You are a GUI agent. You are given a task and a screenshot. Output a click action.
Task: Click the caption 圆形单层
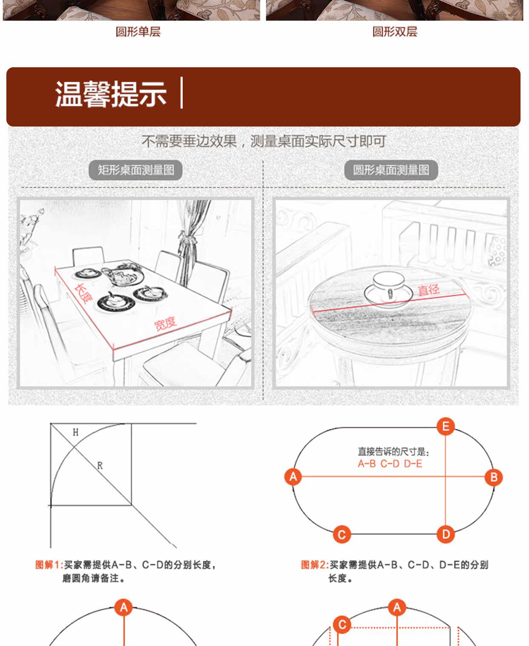tap(138, 32)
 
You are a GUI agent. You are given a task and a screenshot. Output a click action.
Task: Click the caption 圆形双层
tap(395, 32)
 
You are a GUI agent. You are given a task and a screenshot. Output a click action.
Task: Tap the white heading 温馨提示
tap(111, 94)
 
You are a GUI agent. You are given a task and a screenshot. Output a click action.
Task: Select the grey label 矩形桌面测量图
tap(135, 170)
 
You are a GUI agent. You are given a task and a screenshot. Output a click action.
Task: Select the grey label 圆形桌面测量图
tap(391, 170)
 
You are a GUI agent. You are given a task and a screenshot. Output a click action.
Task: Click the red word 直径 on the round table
tap(428, 290)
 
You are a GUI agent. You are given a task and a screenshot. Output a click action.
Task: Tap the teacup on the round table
tap(388, 286)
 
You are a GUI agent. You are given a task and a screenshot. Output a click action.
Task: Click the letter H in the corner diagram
tap(75, 433)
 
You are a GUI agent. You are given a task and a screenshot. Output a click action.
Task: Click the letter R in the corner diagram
tap(100, 466)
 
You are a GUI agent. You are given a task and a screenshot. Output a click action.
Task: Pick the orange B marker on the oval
tap(494, 477)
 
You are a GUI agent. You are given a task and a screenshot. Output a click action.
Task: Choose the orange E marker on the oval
tap(446, 427)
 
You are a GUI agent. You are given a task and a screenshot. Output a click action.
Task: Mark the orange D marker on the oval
tap(446, 534)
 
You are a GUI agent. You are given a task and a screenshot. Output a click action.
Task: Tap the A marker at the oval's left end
tap(293, 476)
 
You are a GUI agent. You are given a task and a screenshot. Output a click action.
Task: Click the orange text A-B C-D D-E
tap(390, 464)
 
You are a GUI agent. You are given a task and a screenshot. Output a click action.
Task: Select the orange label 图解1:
tap(49, 565)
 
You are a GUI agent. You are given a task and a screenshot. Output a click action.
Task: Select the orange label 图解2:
tap(315, 565)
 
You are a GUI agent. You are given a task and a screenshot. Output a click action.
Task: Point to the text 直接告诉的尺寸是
tap(393, 452)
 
